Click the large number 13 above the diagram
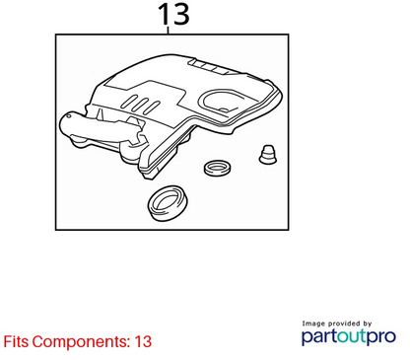click(x=173, y=14)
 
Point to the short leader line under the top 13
click(x=169, y=31)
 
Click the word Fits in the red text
click(x=16, y=341)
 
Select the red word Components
click(x=81, y=342)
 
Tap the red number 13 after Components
click(x=143, y=341)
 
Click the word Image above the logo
click(x=313, y=324)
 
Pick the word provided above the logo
click(x=344, y=324)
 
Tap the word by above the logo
click(x=368, y=324)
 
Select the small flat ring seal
click(x=217, y=168)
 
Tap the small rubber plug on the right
click(x=268, y=154)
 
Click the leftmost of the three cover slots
click(x=130, y=102)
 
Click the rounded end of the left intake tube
click(x=67, y=123)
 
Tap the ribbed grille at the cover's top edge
click(x=208, y=67)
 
